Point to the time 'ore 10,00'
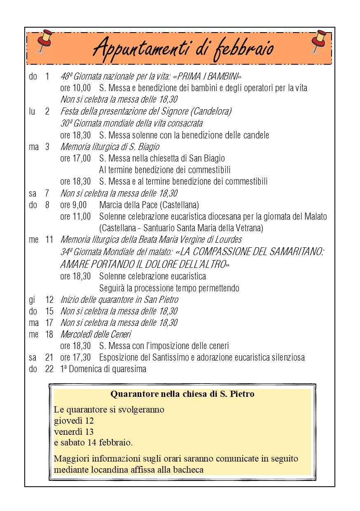point(75,88)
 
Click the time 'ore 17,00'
point(75,158)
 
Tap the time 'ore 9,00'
point(73,205)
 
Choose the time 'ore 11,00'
point(75,216)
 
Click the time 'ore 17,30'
point(75,358)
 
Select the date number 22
point(49,369)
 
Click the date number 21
point(49,358)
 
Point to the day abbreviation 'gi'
point(32,300)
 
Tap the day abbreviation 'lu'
point(32,111)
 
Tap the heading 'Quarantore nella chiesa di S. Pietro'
point(182,394)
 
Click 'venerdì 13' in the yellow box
point(74,432)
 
